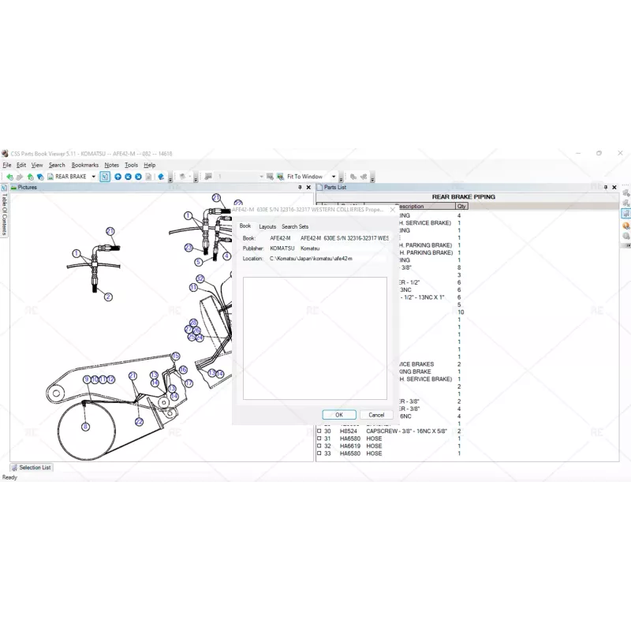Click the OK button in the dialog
339,415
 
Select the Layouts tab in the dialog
267,226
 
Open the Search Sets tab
295,226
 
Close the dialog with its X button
393,210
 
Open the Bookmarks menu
85,165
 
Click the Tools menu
131,165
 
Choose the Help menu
150,165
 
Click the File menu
6,165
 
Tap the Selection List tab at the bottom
34,468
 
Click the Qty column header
461,207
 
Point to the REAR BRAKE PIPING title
463,196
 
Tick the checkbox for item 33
319,454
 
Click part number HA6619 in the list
349,446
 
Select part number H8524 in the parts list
349,431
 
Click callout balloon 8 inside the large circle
85,427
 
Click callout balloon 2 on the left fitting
108,297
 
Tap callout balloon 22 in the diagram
139,422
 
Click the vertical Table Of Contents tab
4,214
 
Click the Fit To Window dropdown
312,177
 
